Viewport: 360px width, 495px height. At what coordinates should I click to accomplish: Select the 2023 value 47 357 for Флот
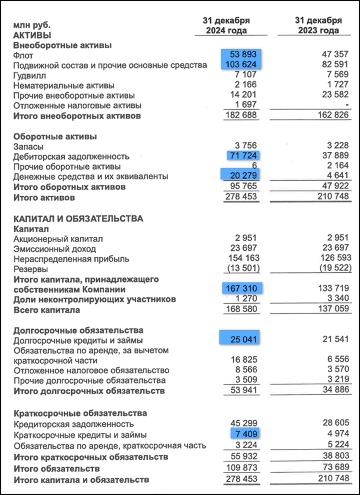(334, 54)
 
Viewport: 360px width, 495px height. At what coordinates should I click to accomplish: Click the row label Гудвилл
(30, 75)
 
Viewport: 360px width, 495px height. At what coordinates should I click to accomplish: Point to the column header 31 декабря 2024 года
(226, 26)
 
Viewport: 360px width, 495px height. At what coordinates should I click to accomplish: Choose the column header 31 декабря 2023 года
(318, 26)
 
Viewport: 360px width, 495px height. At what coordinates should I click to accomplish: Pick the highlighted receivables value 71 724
(244, 156)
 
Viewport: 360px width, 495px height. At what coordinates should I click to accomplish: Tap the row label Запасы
(28, 146)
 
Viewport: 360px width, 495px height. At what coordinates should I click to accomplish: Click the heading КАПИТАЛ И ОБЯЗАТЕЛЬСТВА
(78, 219)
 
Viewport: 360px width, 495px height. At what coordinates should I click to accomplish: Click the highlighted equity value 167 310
(242, 289)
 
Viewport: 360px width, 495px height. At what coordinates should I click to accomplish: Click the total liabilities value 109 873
(242, 468)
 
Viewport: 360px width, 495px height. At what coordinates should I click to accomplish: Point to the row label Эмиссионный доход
(55, 249)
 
